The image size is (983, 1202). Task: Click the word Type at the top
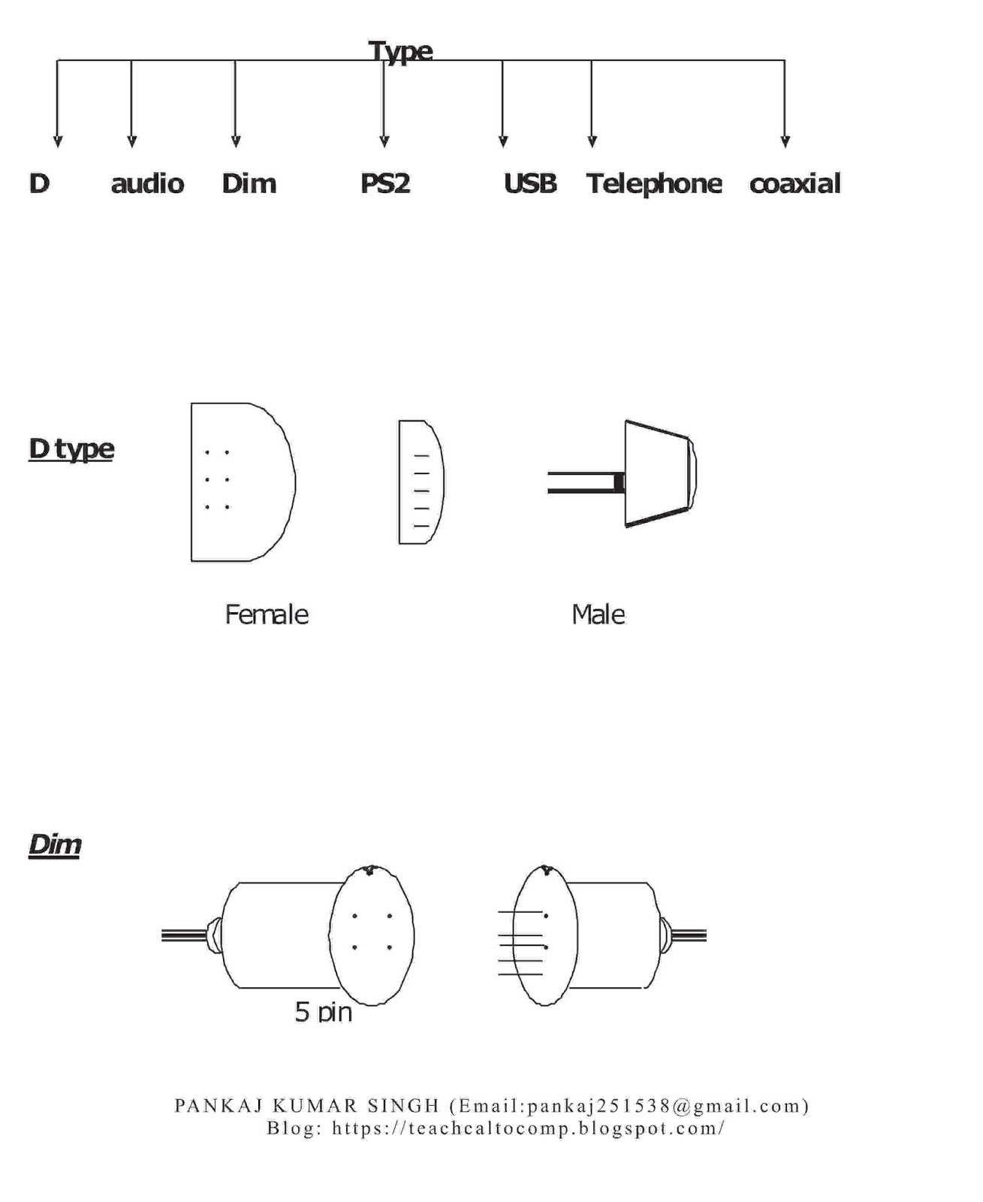400,51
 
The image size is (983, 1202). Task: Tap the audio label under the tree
147,183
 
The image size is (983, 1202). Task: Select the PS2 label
385,183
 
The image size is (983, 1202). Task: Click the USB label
530,183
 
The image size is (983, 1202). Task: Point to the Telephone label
653,183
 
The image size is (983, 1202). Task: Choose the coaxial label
795,183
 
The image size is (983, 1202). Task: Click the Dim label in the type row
249,183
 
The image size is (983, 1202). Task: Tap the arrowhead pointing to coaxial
785,141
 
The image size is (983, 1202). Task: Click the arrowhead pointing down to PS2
384,141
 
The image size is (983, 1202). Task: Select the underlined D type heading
71,449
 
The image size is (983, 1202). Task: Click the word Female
267,615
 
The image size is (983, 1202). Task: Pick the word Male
599,615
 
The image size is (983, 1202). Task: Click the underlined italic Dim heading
55,844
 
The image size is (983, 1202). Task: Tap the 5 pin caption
324,1012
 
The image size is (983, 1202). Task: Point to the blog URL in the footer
528,1128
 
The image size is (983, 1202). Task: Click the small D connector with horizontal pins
421,482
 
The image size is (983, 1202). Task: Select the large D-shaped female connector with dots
240,482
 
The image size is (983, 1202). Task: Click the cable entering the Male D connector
582,482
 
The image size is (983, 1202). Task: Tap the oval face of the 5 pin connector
372,935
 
